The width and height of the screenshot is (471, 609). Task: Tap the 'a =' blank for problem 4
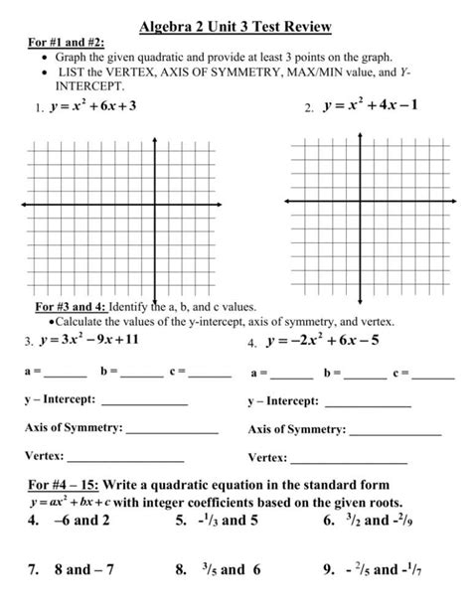click(x=291, y=376)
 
